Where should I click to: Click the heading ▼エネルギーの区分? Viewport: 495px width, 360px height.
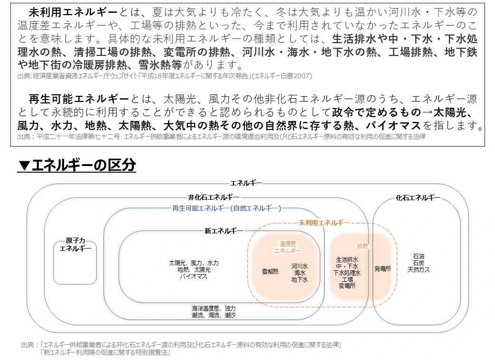pyautogui.click(x=77, y=165)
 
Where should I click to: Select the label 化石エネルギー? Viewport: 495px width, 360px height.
pyautogui.click(x=418, y=198)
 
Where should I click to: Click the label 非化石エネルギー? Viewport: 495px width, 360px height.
pyautogui.click(x=214, y=197)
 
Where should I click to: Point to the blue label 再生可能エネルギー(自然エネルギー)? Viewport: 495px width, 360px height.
pyautogui.click(x=226, y=208)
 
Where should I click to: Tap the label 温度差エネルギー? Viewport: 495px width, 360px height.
pyautogui.click(x=287, y=247)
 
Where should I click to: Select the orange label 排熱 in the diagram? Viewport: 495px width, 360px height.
pyautogui.click(x=363, y=246)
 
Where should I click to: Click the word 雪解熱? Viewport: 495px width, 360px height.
pyautogui.click(x=271, y=271)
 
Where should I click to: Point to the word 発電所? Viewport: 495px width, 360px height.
pyautogui.click(x=383, y=268)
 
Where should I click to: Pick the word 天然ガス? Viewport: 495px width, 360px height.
pyautogui.click(x=419, y=269)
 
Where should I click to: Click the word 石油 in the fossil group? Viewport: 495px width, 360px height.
pyautogui.click(x=419, y=256)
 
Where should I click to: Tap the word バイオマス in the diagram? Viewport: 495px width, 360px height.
pyautogui.click(x=193, y=276)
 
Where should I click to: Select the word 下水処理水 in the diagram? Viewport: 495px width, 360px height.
pyautogui.click(x=346, y=273)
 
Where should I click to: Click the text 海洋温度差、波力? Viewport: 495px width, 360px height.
pyautogui.click(x=214, y=308)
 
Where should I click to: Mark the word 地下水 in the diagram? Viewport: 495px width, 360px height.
pyautogui.click(x=299, y=280)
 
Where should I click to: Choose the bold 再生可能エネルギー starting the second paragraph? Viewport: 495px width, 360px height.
pyautogui.click(x=79, y=99)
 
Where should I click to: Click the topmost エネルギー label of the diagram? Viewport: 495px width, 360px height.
pyautogui.click(x=246, y=183)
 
